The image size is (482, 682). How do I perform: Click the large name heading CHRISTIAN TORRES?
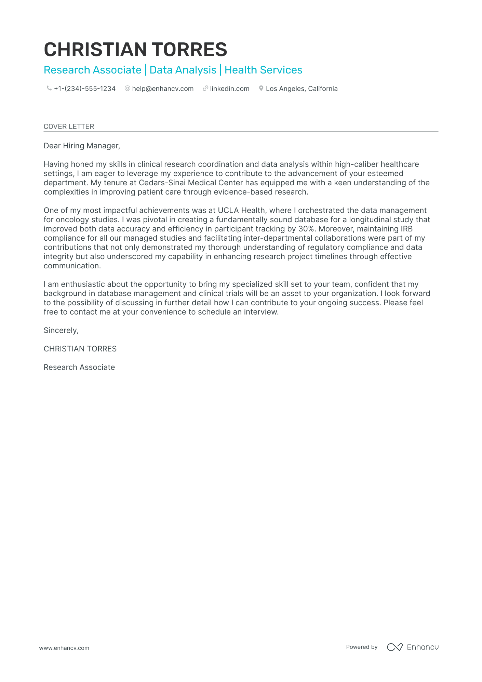[135, 50]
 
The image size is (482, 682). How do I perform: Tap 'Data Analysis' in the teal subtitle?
[183, 70]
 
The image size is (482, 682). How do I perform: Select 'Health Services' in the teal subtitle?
[263, 70]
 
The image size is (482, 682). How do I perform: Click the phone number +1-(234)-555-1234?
[85, 89]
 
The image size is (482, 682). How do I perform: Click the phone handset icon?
[49, 89]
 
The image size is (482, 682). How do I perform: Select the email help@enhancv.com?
[163, 89]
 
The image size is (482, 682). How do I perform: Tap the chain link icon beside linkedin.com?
[205, 89]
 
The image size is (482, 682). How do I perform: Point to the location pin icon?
[261, 89]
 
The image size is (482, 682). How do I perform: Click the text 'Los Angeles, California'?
[302, 89]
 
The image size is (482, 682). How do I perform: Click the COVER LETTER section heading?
[69, 126]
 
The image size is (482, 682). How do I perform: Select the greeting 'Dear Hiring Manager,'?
[82, 146]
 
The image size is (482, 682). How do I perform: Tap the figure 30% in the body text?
[306, 229]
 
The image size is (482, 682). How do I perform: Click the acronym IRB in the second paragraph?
[406, 229]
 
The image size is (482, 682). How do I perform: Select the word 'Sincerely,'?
[61, 331]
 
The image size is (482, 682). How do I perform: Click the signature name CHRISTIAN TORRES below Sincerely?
[80, 349]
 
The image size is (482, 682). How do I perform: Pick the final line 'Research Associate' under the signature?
[79, 367]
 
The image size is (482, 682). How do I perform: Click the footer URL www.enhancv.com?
[64, 648]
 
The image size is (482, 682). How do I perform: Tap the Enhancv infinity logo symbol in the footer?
[394, 647]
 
